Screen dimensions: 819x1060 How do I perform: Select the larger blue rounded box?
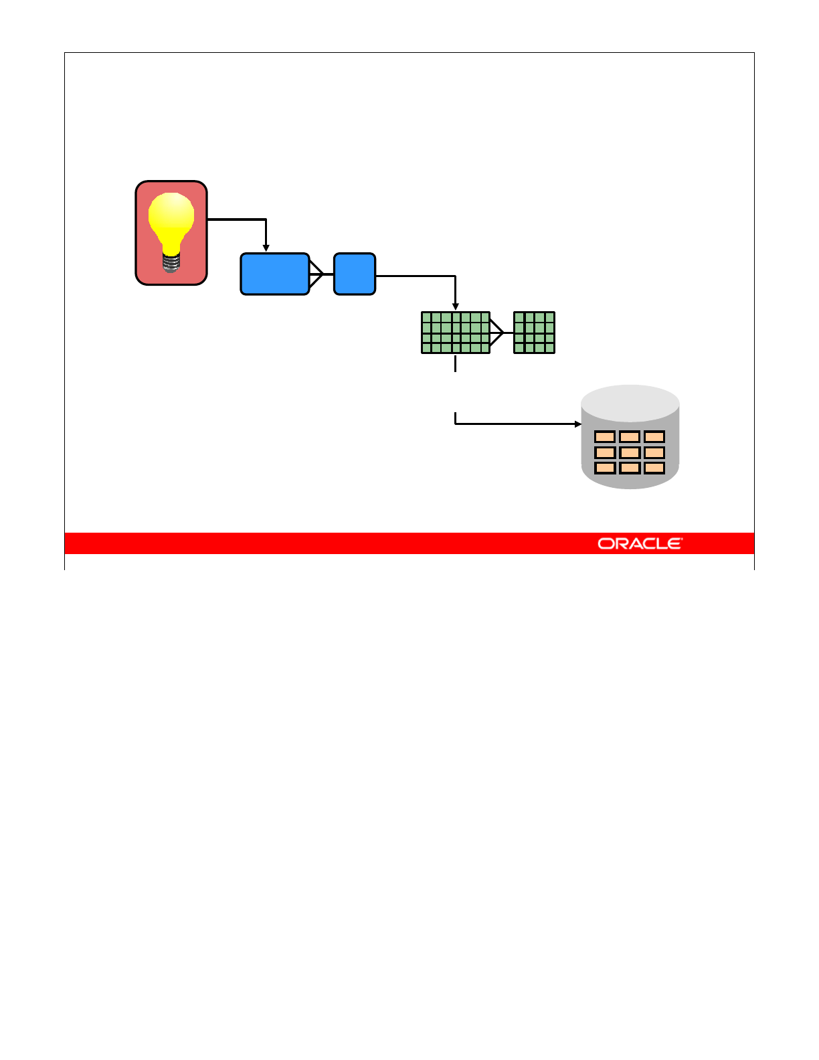[274, 274]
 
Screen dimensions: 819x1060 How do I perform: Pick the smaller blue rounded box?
[355, 274]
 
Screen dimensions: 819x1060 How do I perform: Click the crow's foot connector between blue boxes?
[317, 274]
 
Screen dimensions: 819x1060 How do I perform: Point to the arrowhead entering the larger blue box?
[266, 248]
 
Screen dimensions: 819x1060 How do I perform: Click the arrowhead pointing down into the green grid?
[456, 307]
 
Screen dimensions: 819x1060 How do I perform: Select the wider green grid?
[456, 333]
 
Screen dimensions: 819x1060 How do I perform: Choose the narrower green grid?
[534, 333]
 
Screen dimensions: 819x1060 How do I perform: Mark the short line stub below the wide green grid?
[456, 363]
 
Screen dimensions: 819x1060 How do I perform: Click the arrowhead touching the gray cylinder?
[578, 424]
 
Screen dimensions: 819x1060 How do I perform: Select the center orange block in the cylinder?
[630, 452]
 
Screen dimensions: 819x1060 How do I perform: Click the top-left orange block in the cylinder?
[605, 437]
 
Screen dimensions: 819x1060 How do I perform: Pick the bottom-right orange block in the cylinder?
[654, 468]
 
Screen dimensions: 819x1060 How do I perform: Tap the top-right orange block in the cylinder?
[654, 437]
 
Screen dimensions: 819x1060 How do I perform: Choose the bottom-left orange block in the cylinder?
[605, 468]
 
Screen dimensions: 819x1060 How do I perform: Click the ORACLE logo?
[640, 543]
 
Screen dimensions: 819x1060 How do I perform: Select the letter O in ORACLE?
[605, 543]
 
